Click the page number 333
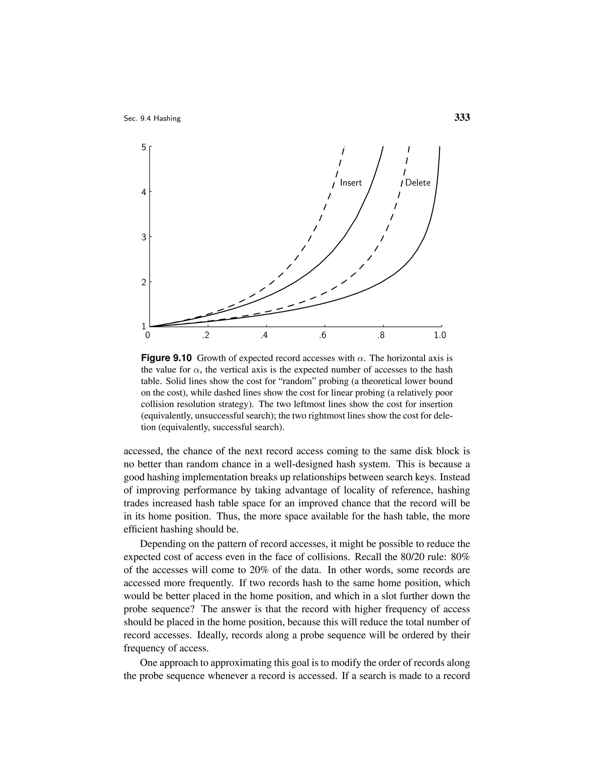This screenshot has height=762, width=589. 462,118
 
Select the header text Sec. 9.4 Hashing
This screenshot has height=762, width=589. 152,119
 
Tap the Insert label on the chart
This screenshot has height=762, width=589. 351,183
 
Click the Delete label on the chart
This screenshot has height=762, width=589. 418,183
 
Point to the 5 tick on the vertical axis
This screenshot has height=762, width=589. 144,147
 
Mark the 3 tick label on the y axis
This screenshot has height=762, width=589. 144,238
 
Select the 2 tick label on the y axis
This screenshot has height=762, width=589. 144,283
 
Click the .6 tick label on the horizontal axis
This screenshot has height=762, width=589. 322,336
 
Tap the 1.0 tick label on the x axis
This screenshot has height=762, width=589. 440,336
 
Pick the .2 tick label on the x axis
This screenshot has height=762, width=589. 206,336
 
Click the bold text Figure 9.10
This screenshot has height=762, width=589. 166,358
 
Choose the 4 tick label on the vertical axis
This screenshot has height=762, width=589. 144,192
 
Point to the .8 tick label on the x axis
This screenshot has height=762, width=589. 381,336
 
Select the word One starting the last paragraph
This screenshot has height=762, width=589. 149,663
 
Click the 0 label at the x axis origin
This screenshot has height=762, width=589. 148,336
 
